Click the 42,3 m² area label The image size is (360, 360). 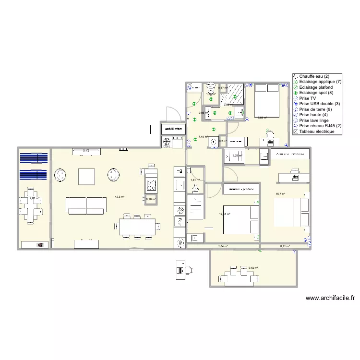pyautogui.click(x=120, y=197)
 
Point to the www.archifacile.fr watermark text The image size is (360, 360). pyautogui.click(x=330, y=298)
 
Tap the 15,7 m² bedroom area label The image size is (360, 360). pyautogui.click(x=280, y=194)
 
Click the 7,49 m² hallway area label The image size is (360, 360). pyautogui.click(x=203, y=137)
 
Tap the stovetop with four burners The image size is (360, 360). pyautogui.click(x=151, y=185)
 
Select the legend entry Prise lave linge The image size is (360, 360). pyautogui.click(x=315, y=120)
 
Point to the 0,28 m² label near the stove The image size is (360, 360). pyautogui.click(x=151, y=199)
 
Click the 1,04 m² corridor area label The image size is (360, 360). pyautogui.click(x=223, y=246)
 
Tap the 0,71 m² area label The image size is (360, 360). pyautogui.click(x=285, y=246)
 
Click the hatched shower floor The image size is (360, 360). pyautogui.click(x=235, y=92)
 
